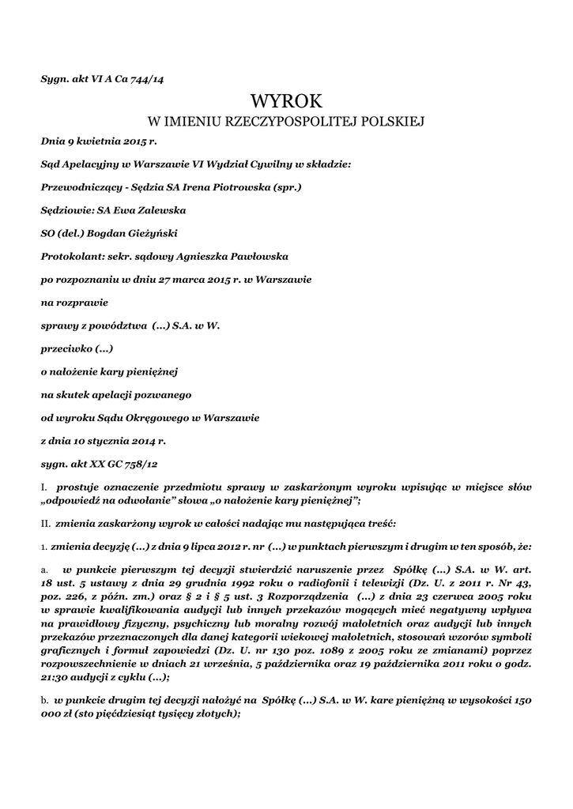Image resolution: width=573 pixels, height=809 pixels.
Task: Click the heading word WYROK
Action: tap(286, 101)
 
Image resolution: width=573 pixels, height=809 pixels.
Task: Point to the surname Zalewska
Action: tap(160, 211)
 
